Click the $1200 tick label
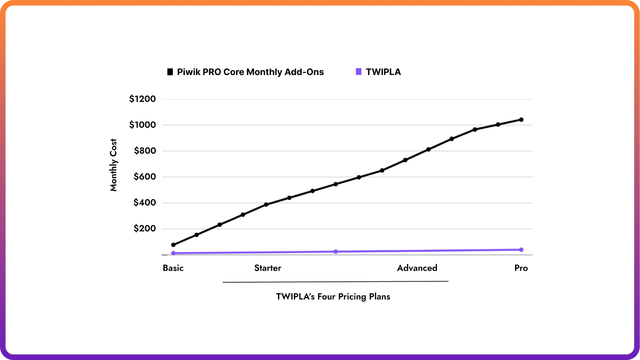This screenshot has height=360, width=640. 142,99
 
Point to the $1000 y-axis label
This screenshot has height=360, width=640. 142,125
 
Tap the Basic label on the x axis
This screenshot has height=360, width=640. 173,268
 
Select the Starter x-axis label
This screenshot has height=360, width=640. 268,268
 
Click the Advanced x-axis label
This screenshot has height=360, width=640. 417,268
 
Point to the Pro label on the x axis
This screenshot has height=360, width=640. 521,268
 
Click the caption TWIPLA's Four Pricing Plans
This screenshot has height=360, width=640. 333,297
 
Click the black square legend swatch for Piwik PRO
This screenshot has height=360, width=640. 170,72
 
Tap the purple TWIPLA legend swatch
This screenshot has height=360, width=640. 358,72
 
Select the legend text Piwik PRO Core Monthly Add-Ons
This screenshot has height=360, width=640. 250,72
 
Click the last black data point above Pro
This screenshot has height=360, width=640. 521,120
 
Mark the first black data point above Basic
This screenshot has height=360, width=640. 173,245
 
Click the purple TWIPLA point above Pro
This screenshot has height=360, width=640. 521,250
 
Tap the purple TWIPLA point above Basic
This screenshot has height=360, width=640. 173,253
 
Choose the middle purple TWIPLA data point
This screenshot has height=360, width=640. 336,251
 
